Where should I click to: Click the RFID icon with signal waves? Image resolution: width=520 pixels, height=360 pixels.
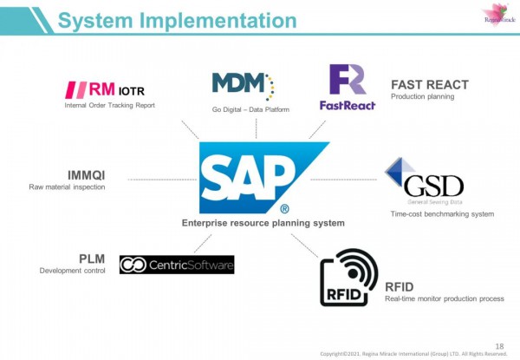[348, 277]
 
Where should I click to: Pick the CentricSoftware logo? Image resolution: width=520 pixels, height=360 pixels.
[177, 265]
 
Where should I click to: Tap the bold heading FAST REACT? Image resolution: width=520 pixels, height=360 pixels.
[430, 85]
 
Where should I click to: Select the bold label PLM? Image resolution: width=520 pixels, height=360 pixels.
[92, 258]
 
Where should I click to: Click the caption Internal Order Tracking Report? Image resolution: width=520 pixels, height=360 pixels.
[107, 106]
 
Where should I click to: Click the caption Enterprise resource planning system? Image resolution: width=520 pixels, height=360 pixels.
[263, 223]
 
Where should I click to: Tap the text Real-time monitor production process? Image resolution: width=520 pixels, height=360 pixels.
[444, 299]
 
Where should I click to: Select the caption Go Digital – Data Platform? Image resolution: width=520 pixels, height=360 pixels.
[250, 110]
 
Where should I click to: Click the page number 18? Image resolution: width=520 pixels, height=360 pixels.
[497, 344]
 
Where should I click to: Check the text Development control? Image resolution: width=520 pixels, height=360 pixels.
[73, 271]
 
